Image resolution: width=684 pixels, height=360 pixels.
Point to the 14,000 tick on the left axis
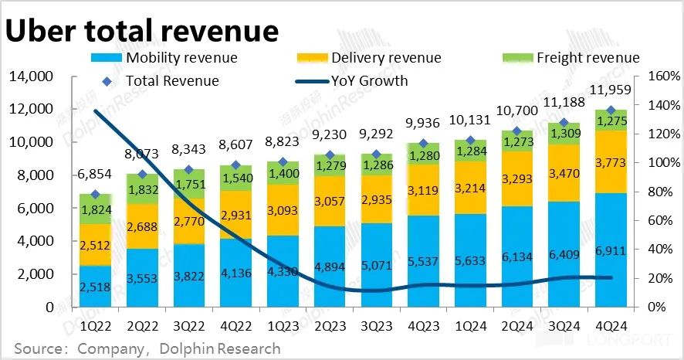(29, 76)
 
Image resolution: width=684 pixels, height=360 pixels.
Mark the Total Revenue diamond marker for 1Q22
(96, 195)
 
